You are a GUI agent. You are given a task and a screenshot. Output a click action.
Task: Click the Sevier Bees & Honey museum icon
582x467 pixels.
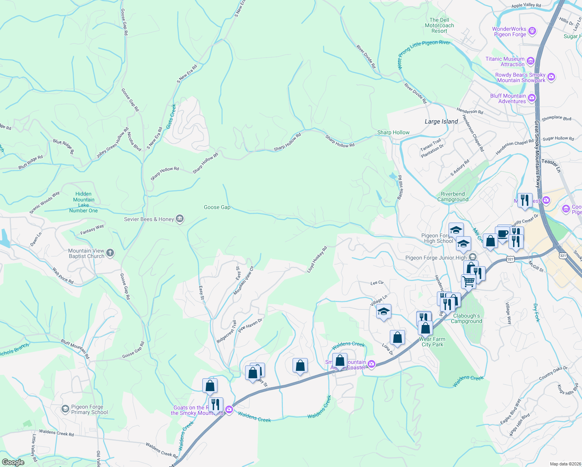179,219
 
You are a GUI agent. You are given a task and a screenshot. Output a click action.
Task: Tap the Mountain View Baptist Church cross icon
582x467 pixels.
110,253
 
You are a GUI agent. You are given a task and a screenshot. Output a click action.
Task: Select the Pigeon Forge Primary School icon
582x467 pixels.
65,409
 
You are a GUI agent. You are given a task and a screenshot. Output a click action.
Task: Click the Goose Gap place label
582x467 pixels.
217,207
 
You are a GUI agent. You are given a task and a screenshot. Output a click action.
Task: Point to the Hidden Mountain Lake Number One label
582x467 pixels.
84,202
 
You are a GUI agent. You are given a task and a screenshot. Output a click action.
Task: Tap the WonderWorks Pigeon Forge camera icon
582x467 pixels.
533,31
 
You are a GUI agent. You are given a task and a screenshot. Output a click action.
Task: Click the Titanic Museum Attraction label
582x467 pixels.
505,61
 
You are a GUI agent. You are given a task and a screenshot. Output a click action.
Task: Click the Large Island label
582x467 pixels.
441,121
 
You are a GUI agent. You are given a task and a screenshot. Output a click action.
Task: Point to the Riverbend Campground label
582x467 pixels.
453,197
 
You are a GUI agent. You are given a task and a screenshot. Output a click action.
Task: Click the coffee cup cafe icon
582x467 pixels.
502,233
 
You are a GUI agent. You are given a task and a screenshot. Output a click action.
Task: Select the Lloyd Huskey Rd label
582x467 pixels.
317,259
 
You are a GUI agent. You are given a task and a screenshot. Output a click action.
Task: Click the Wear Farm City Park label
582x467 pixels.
432,342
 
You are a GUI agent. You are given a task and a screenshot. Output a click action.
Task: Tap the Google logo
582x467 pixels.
13,462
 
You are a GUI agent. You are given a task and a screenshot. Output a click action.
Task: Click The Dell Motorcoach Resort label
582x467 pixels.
439,25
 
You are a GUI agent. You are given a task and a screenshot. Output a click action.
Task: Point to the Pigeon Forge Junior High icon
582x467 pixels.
472,257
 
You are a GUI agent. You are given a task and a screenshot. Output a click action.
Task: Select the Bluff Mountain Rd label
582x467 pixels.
75,349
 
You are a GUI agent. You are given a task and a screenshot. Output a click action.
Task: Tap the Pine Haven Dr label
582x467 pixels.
250,325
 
